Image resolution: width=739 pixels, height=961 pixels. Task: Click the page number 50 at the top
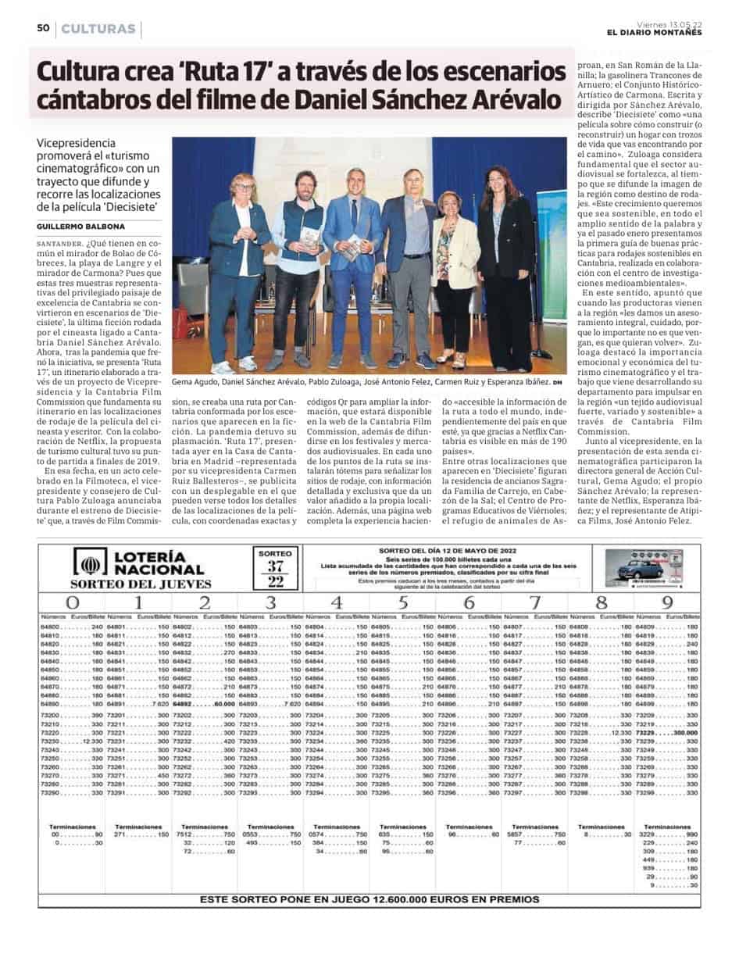coord(44,29)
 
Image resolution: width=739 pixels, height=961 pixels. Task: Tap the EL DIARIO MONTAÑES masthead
coord(654,32)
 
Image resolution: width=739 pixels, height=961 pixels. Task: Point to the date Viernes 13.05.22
coord(669,23)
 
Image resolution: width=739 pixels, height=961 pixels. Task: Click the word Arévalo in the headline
coord(514,101)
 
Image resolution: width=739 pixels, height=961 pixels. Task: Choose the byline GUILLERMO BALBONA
coord(80,226)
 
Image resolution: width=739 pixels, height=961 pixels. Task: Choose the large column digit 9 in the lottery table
coord(666,602)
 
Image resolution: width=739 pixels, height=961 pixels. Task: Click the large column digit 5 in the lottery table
coord(402,602)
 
